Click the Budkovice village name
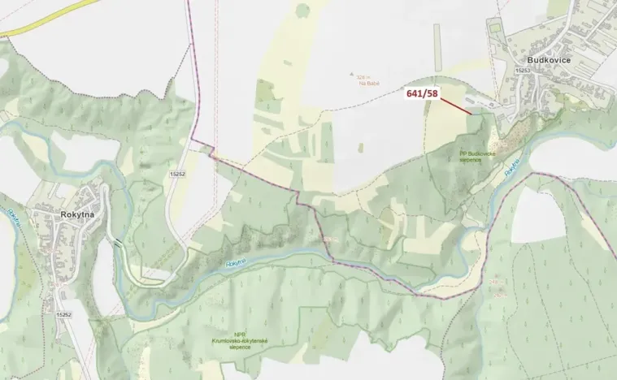(x=549, y=59)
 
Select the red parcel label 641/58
(x=422, y=94)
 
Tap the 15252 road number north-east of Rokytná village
(x=178, y=174)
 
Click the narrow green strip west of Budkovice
(x=437, y=45)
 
